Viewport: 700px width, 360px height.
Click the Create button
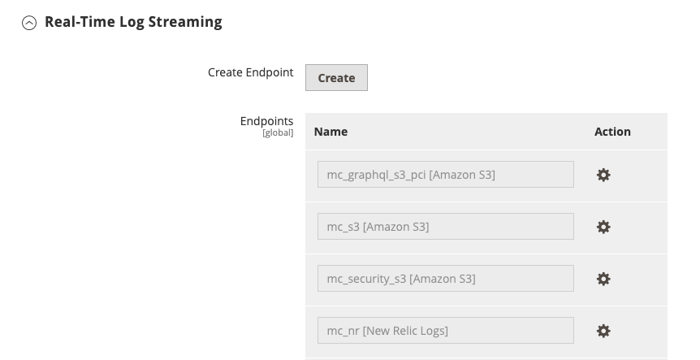(x=336, y=78)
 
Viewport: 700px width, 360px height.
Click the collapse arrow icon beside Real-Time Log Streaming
(x=29, y=24)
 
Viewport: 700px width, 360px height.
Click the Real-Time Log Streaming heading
(x=133, y=22)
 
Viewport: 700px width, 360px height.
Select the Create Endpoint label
(x=250, y=72)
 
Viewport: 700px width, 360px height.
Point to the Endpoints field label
(x=266, y=121)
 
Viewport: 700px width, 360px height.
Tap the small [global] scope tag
(x=277, y=132)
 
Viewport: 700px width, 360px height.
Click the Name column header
(x=331, y=132)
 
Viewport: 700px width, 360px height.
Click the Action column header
(x=612, y=132)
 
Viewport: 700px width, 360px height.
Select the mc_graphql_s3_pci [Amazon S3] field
(x=445, y=175)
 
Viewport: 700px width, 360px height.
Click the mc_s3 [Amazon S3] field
(x=445, y=227)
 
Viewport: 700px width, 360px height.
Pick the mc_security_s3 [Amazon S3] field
(x=445, y=279)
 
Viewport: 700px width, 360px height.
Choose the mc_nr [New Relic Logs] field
(x=445, y=331)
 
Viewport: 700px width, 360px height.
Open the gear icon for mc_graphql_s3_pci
(x=603, y=175)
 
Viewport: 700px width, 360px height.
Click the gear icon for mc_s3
(x=603, y=227)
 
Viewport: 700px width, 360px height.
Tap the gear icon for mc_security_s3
(x=603, y=279)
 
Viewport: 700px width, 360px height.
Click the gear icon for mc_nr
(x=603, y=331)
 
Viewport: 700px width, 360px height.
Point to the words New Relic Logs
(x=405, y=331)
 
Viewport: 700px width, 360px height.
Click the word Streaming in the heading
(x=187, y=22)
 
